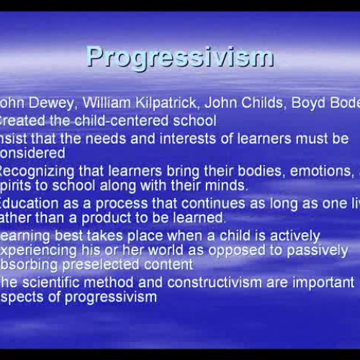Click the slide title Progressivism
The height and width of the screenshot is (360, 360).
(x=180, y=57)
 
